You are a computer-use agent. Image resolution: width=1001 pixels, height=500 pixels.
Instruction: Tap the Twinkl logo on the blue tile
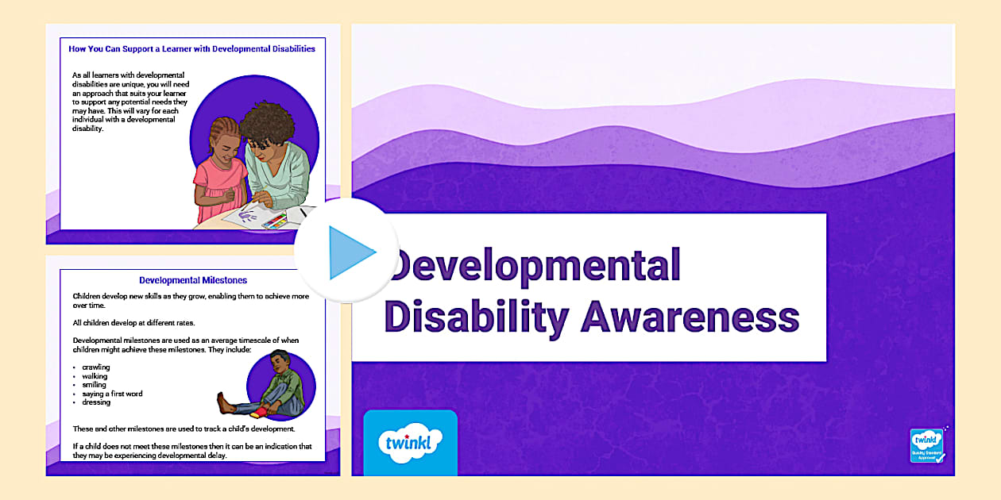(410, 442)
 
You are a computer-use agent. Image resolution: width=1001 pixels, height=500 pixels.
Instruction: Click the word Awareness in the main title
(690, 317)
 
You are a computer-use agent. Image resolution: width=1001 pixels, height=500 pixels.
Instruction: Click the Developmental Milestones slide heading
(193, 280)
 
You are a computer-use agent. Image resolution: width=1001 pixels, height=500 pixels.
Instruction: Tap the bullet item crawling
(95, 367)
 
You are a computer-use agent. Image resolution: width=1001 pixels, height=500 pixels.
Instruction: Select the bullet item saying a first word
(112, 394)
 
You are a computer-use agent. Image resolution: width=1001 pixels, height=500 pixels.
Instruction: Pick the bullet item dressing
(96, 402)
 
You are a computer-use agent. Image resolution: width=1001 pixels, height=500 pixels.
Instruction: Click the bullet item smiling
(94, 385)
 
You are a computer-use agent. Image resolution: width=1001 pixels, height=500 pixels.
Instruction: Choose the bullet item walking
(95, 376)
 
